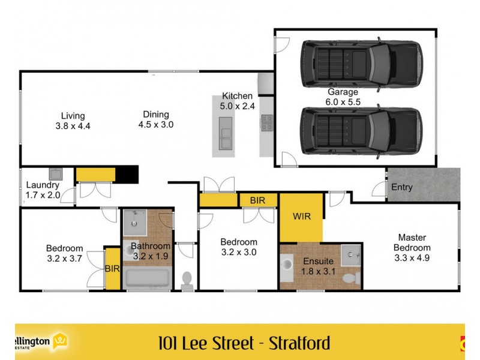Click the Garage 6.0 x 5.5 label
pyautogui.click(x=343, y=97)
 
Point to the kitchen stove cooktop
pyautogui.click(x=266, y=124)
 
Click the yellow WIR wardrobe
pyautogui.click(x=301, y=217)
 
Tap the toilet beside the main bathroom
pyautogui.click(x=187, y=280)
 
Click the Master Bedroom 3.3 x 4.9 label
pyautogui.click(x=412, y=247)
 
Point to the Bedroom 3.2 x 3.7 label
pyautogui.click(x=64, y=253)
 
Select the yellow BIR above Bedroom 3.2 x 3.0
pyautogui.click(x=257, y=200)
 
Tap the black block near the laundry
pyautogui.click(x=127, y=174)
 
